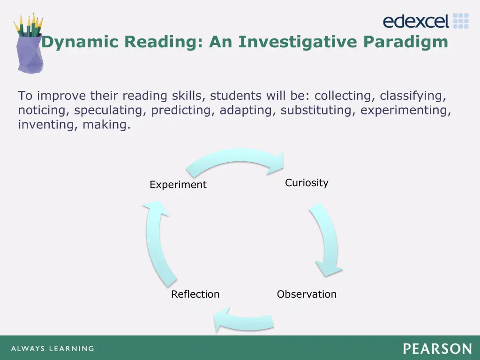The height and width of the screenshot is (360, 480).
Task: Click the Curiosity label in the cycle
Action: (x=307, y=183)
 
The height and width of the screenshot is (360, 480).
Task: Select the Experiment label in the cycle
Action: (x=178, y=185)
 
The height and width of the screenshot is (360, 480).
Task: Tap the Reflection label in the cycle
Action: (x=195, y=294)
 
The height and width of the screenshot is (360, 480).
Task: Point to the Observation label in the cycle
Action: (x=307, y=294)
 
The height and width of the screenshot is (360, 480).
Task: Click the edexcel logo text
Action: (x=416, y=21)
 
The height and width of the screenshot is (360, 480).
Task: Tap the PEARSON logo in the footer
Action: (x=437, y=349)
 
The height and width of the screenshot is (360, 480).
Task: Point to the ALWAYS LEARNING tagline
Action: (x=52, y=349)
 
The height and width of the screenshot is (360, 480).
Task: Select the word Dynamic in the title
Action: (x=80, y=42)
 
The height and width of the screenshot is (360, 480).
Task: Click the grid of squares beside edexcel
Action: (x=461, y=21)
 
